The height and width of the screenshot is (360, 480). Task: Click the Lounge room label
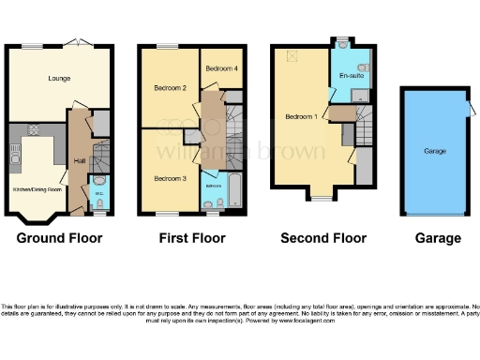47,79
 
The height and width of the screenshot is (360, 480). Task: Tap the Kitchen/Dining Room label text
36,188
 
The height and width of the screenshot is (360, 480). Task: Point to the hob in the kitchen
35,130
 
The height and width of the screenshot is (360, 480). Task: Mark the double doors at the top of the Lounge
77,45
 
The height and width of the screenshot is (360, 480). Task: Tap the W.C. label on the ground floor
100,195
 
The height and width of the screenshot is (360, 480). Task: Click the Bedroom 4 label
221,68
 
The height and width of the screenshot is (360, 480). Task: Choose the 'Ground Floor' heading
59,238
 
